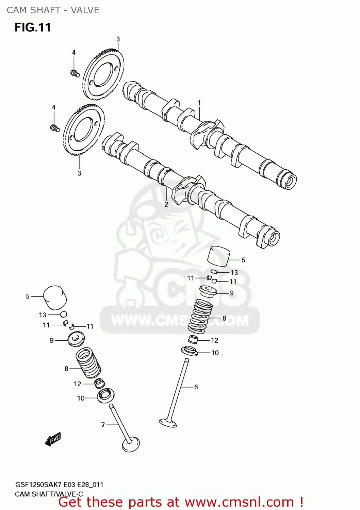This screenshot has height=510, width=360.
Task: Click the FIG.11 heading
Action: [33, 28]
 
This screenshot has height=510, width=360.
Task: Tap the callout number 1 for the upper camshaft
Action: [199, 103]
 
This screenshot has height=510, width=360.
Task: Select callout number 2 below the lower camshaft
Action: [166, 204]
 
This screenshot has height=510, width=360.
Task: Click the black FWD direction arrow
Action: [53, 439]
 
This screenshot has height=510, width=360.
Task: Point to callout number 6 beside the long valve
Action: [196, 387]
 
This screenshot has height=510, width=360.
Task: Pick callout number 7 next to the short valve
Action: [103, 425]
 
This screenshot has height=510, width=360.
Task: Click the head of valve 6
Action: [168, 423]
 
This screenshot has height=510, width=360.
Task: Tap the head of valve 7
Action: [131, 444]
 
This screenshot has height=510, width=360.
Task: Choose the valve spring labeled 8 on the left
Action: [88, 363]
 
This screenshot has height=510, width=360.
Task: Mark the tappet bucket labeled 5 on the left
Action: [55, 297]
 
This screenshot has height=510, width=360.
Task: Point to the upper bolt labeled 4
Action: [75, 73]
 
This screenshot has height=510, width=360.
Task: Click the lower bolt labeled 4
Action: [55, 128]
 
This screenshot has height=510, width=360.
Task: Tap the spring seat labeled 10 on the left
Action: [106, 395]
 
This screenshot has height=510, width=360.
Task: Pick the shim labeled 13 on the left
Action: [64, 314]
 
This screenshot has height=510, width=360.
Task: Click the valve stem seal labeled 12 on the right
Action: [193, 339]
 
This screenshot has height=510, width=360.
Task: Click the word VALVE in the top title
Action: [85, 10]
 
